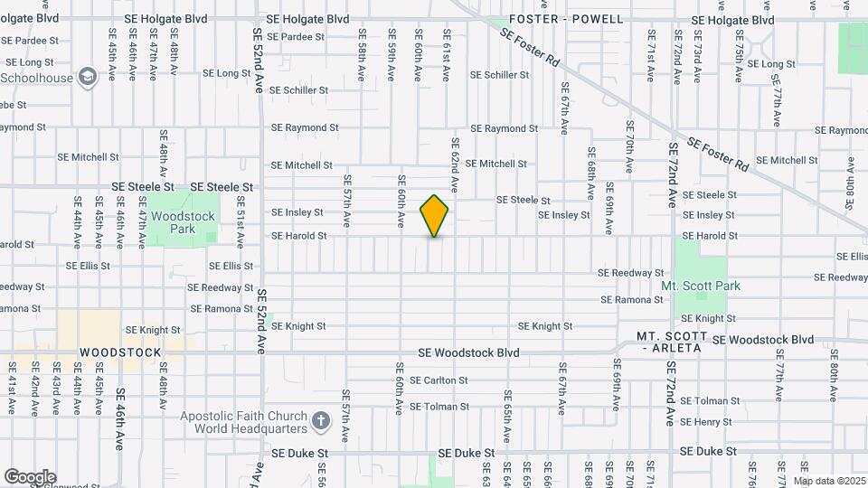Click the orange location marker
coord(434,215)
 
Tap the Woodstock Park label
coord(183,223)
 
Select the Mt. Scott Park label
coord(701,286)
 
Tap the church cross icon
coord(320,421)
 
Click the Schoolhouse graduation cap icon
coord(88,77)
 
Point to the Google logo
coord(30,476)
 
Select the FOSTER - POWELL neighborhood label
coord(566,19)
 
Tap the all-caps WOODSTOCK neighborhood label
coord(120,352)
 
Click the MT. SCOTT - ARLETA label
coord(672,342)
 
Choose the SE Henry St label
coord(706,422)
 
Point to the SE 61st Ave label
coord(446,55)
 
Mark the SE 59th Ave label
coord(392,58)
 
